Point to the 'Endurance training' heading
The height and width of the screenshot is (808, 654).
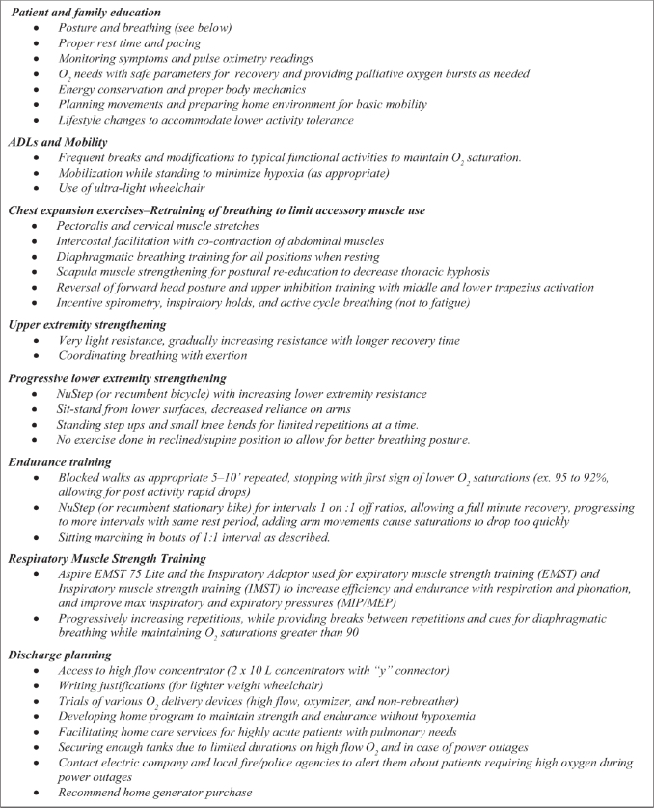click(61, 462)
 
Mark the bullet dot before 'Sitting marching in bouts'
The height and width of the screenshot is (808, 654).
click(37, 538)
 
